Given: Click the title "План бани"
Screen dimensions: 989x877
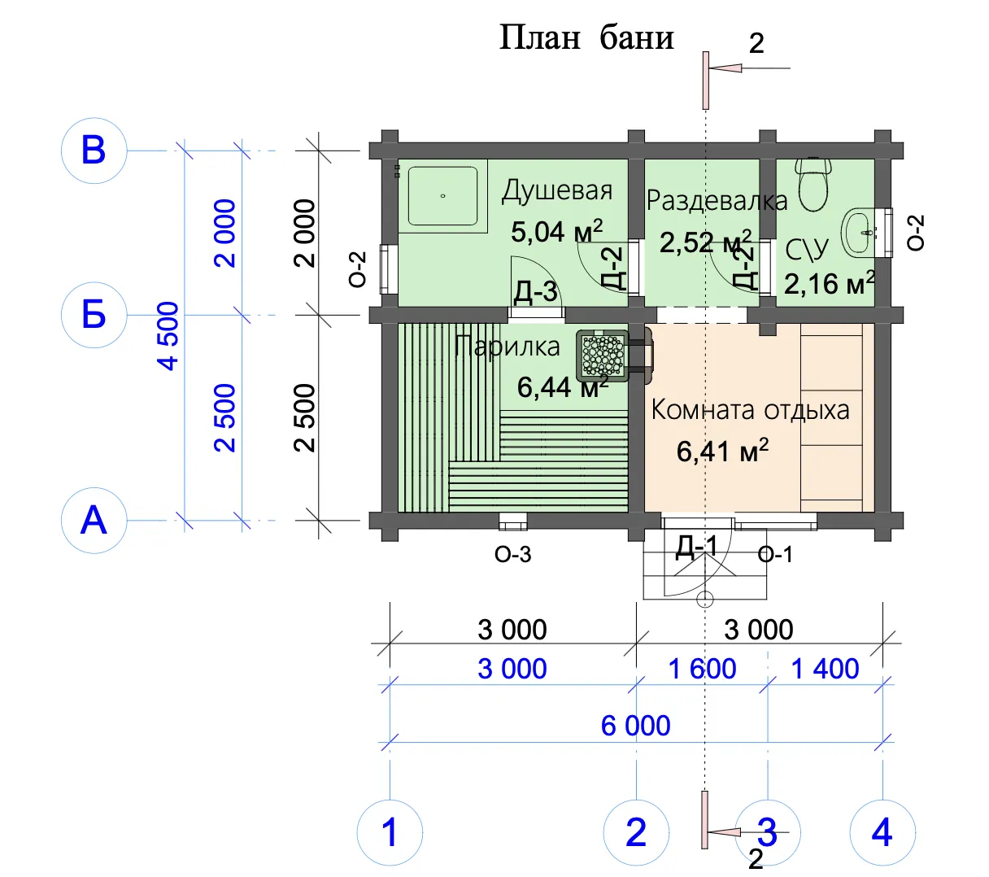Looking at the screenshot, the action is pos(586,38).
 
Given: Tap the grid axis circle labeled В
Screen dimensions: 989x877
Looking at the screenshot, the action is pos(94,151).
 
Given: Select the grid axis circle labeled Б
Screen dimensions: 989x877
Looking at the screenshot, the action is pos(94,315).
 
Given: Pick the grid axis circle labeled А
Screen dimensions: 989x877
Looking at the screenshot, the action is pos(94,521).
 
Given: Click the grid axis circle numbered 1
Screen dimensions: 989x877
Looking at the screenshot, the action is pos(390,832).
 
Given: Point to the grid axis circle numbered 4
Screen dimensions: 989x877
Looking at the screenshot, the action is pos(882,832).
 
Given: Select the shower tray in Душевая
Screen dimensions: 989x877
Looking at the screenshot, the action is pos(442,196).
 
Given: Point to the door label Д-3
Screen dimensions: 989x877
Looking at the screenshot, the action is pos(535,291).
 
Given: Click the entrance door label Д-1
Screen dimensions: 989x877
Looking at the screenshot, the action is pos(696,546).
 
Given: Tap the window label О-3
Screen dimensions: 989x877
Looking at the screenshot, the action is pos(512,555).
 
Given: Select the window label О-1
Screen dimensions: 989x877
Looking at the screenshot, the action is pos(775,555).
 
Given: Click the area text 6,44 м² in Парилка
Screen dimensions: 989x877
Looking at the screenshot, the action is pos(563,386).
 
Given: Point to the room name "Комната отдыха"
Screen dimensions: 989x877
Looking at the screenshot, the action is pos(751,410).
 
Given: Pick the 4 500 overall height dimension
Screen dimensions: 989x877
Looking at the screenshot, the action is pos(168,336).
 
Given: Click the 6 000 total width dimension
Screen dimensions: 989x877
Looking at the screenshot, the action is pos(635,726).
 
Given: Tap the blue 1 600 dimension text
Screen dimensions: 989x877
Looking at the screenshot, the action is pos(702,669).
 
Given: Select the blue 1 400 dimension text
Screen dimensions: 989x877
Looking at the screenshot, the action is pos(825,669).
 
